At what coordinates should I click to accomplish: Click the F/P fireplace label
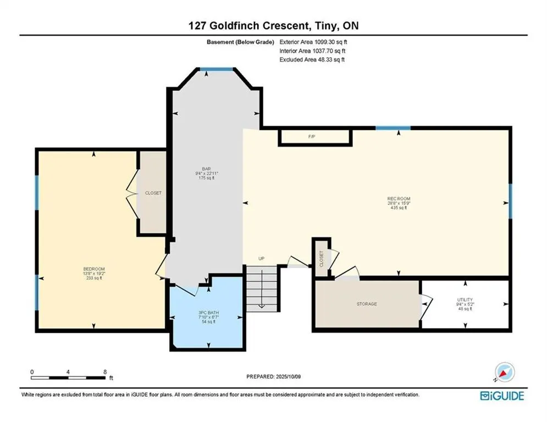pos(312,137)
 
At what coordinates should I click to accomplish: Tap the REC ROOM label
pos(399,199)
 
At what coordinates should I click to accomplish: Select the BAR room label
pos(206,169)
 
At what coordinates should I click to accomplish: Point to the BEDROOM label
pos(94,269)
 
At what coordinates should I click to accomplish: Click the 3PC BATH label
pos(208,313)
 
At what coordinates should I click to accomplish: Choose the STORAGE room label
pos(367,304)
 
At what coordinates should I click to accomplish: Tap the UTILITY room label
pos(465,299)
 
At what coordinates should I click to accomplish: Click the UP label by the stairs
pos(261,258)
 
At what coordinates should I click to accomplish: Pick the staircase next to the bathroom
pos(262,289)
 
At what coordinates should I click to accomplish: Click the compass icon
pos(505,373)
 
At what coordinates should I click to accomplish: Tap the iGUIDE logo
pos(502,396)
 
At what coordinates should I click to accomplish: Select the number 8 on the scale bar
pos(105,372)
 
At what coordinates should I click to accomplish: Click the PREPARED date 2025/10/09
pos(288,376)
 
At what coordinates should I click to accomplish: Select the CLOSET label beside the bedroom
pos(153,193)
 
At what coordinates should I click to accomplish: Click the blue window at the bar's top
pos(216,69)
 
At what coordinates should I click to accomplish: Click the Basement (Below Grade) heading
pos(240,42)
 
